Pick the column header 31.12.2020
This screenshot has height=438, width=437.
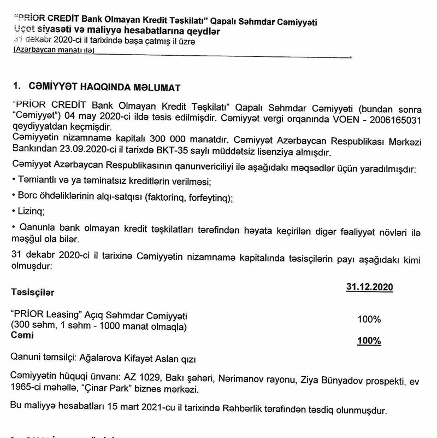[x=370, y=287]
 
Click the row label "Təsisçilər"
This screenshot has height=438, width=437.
[x=33, y=293]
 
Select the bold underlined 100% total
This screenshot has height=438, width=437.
[x=369, y=341]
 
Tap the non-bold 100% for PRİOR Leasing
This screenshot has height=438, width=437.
[x=370, y=319]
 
